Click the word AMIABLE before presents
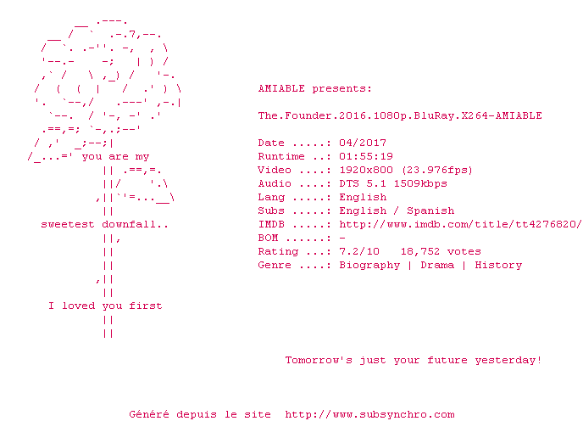coord(281,88)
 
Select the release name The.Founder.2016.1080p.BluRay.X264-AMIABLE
coord(400,116)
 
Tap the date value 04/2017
coord(363,143)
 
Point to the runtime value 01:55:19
coord(366,156)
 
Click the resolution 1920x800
coord(366,170)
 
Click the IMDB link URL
coord(460,224)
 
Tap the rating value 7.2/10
coord(359,251)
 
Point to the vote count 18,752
coord(420,252)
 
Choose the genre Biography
coord(369,266)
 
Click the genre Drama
coord(437,265)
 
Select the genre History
coord(498,266)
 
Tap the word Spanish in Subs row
coord(430,211)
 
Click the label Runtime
coord(281,156)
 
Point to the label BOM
coord(268,238)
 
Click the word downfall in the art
coord(129,224)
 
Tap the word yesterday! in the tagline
coord(508,361)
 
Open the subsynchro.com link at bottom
coord(369,415)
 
